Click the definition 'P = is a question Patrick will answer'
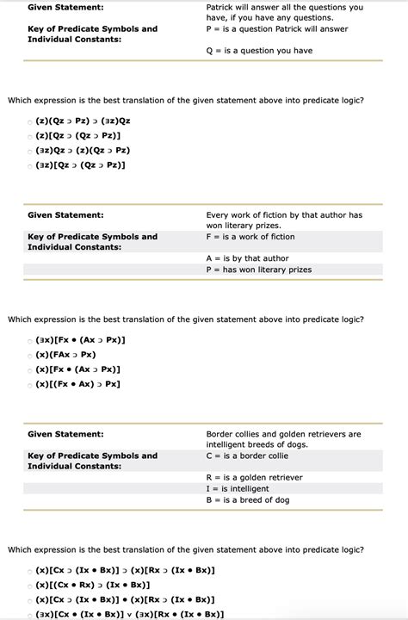point(277,29)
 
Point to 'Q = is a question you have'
point(259,51)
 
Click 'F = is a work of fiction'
point(250,237)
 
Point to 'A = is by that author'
point(247,258)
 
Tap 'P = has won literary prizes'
point(258,270)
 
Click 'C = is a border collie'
point(247,456)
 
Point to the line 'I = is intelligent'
point(238,488)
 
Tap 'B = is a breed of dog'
point(247,499)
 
